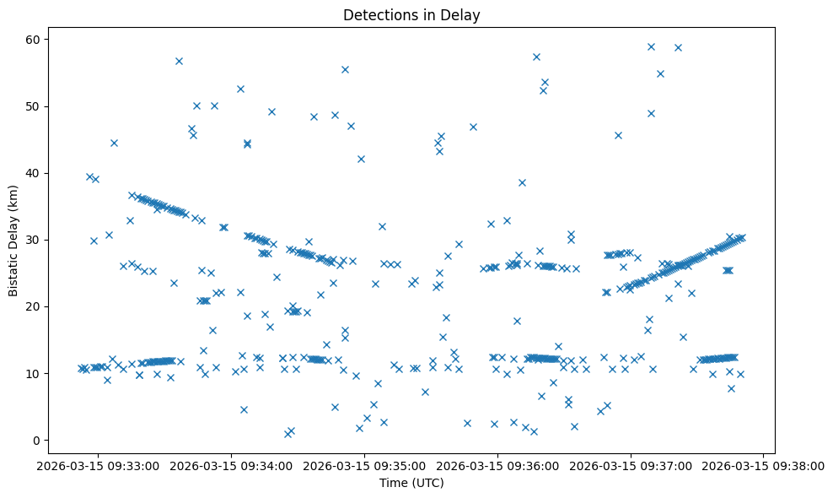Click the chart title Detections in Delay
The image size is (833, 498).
coord(411,15)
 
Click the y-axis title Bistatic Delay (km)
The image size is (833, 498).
coord(13,240)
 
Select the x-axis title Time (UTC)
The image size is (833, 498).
coord(411,483)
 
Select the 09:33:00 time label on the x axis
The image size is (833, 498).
coord(94,465)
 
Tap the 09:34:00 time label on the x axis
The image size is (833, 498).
coord(228,465)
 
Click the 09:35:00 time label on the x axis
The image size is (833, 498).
coord(363,465)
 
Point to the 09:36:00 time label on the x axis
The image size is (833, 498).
coord(497,465)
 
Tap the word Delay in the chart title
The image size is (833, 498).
coord(463,15)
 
